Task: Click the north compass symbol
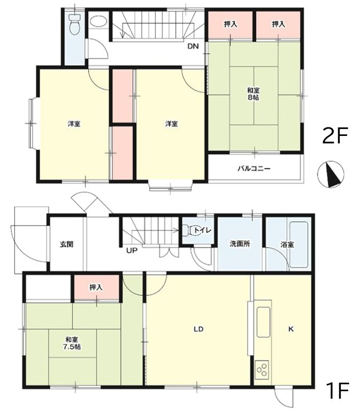[x=331, y=174]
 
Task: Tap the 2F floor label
[x=334, y=135]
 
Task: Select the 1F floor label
[x=338, y=390]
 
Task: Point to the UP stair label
[x=132, y=250]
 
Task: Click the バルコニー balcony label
[x=254, y=168]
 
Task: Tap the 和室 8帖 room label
[x=254, y=94]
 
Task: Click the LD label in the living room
[x=198, y=329]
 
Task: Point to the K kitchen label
[x=291, y=329]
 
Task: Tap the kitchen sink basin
[x=263, y=322]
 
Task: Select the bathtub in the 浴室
[x=298, y=245]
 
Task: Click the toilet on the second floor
[x=75, y=24]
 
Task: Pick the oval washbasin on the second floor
[x=98, y=21]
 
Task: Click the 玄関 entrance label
[x=67, y=245]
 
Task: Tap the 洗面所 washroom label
[x=240, y=244]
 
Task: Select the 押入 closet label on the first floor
[x=96, y=287]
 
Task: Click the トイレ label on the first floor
[x=202, y=231]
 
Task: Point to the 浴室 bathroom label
[x=287, y=245]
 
